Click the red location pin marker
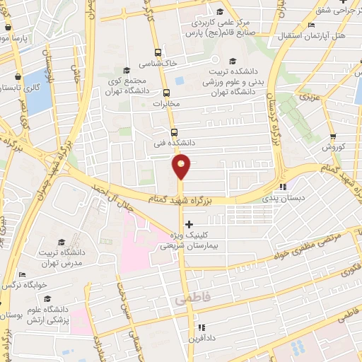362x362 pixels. click(182, 167)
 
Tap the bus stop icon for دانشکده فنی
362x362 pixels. click(174, 132)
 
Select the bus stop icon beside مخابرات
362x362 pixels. click(166, 93)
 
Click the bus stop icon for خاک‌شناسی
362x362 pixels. click(158, 52)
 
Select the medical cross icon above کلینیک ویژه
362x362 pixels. click(187, 224)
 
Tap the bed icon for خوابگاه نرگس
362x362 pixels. click(22, 274)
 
